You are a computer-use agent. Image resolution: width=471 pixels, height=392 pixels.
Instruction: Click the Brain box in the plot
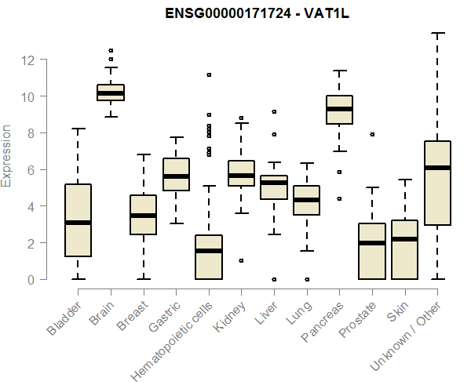point(111,92)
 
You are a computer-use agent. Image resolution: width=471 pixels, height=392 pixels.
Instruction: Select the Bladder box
point(78,220)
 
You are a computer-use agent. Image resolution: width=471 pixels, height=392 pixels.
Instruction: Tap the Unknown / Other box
point(436,183)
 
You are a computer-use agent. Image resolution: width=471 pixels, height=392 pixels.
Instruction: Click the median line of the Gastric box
point(176,176)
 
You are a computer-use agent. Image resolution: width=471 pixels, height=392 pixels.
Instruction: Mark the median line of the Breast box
point(143,216)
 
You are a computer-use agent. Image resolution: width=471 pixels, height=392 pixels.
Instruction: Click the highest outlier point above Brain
point(111,50)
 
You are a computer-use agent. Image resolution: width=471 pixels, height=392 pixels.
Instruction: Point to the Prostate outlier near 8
point(371,134)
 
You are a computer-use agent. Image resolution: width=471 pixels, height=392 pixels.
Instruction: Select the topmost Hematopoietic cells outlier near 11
point(209,74)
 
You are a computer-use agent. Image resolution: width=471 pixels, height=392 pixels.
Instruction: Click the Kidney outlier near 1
point(241,260)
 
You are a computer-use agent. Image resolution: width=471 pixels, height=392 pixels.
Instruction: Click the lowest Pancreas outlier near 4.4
point(338,199)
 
